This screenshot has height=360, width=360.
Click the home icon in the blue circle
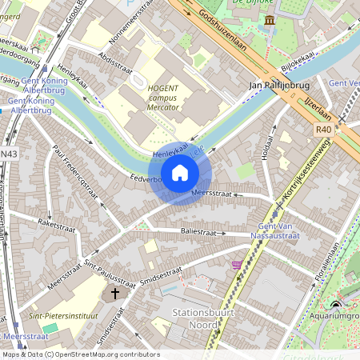coord(180,171)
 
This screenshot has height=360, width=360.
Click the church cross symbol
coord(114,294)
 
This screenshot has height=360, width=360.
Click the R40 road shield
coord(323,128)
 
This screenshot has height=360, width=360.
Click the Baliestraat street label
coord(196,232)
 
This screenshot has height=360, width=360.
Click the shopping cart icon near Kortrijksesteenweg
coord(236,264)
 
